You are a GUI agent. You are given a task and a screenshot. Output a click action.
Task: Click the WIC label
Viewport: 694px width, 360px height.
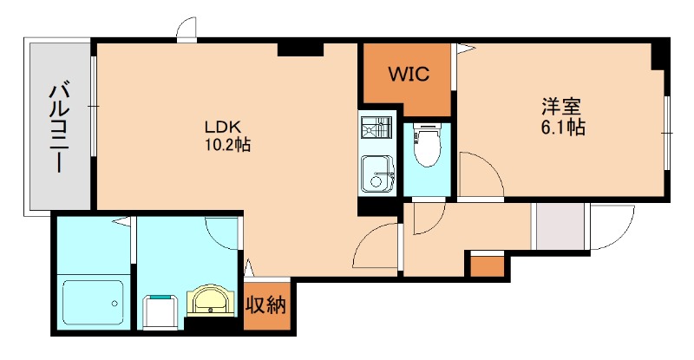[x=409, y=74]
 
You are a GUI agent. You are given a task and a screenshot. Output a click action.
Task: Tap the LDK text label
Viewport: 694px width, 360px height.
[x=222, y=128]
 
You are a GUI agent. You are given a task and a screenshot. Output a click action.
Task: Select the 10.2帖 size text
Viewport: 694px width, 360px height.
[x=227, y=145]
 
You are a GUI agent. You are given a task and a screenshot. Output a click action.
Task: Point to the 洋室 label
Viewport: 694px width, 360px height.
[x=561, y=107]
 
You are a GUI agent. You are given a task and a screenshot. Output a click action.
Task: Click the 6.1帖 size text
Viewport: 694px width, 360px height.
[x=562, y=128]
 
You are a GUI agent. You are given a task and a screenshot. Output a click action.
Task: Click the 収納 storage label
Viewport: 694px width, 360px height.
[x=266, y=305]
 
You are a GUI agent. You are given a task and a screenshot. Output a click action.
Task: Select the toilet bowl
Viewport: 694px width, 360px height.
[x=427, y=144]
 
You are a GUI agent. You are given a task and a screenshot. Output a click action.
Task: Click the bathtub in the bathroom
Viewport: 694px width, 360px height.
[x=93, y=302]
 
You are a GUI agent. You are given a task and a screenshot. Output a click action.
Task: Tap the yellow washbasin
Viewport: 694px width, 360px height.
[x=209, y=301]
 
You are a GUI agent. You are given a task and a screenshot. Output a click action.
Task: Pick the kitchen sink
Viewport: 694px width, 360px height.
[x=377, y=174]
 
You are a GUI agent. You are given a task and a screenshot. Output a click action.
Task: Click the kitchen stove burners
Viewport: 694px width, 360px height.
[x=376, y=128]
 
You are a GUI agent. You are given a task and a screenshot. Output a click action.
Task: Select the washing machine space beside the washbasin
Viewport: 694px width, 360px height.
[x=160, y=311]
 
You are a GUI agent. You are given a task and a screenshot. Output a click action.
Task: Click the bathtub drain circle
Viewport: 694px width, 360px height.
[x=115, y=304]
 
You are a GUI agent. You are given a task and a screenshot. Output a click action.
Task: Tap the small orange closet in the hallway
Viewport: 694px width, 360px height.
[x=487, y=266]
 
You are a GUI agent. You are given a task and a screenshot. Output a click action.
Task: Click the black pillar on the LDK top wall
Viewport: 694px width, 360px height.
[x=300, y=49]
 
